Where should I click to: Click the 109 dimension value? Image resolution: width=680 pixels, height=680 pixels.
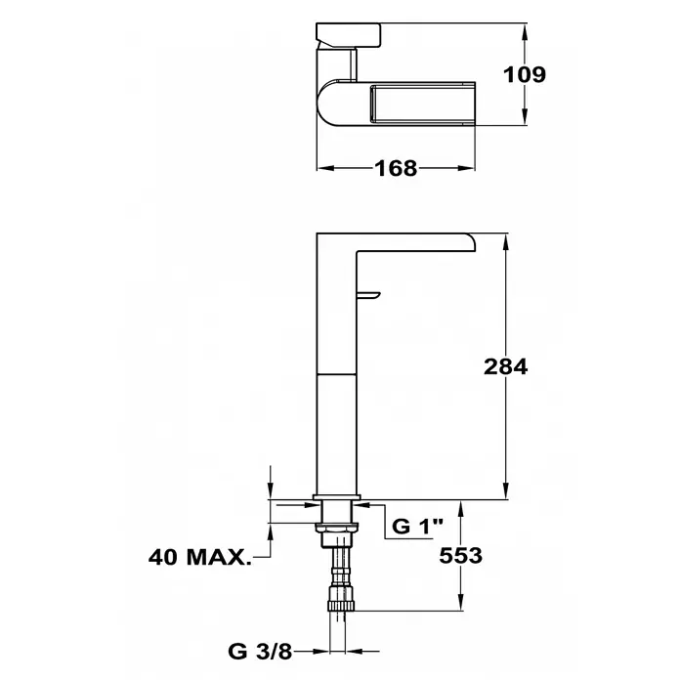pyautogui.click(x=525, y=74)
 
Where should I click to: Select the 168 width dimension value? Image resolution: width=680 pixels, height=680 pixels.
pyautogui.click(x=396, y=168)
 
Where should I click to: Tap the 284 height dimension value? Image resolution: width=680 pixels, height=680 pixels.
pyautogui.click(x=506, y=367)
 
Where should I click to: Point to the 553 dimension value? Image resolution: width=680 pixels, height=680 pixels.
pyautogui.click(x=460, y=556)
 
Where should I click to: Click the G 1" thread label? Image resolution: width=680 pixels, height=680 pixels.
pyautogui.click(x=417, y=526)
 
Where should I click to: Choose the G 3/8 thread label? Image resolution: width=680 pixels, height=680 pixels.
pyautogui.click(x=260, y=651)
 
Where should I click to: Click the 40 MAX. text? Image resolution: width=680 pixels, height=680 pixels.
pyautogui.click(x=200, y=557)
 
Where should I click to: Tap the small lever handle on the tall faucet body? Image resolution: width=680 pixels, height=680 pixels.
pyautogui.click(x=367, y=295)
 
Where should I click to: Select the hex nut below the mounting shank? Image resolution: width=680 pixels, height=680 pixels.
pyautogui.click(x=337, y=528)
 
